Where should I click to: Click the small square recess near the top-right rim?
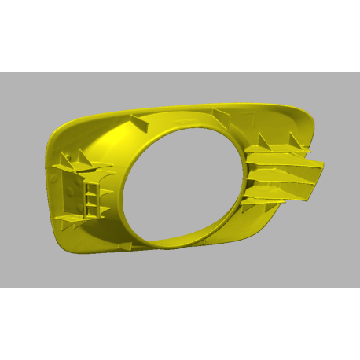coord(252,118)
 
